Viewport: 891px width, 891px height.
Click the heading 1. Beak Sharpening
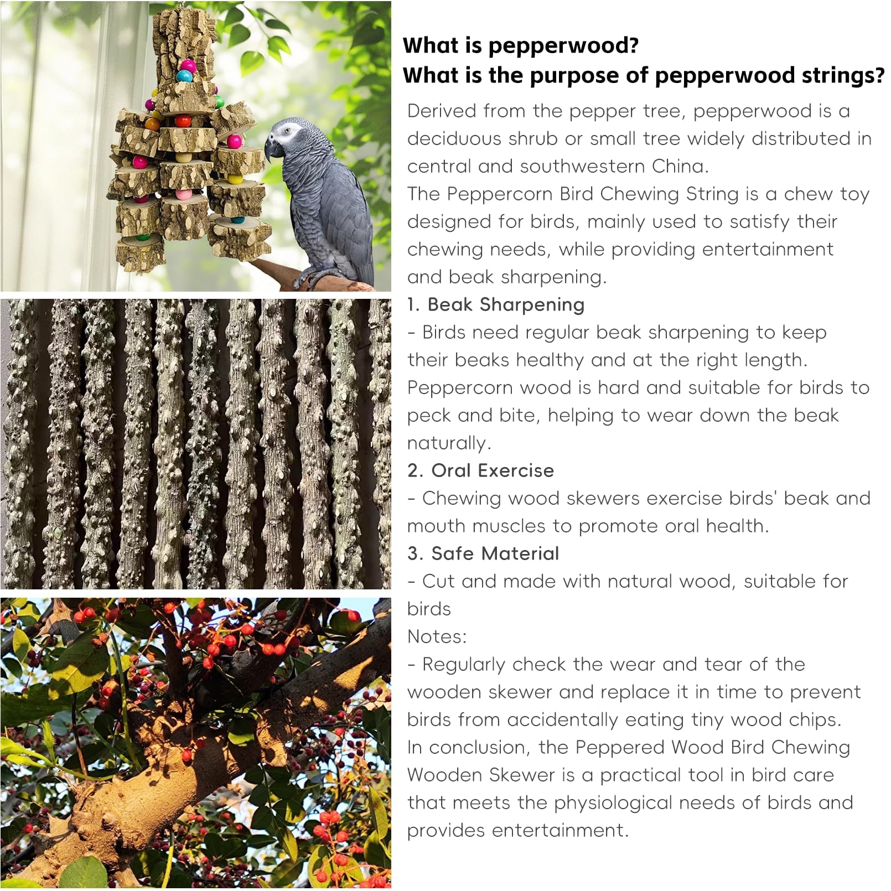click(496, 304)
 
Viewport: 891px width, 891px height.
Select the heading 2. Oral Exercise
click(480, 470)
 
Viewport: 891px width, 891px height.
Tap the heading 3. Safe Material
click(483, 553)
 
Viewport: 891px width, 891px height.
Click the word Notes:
click(437, 636)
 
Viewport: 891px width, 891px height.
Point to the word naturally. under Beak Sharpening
click(449, 443)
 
